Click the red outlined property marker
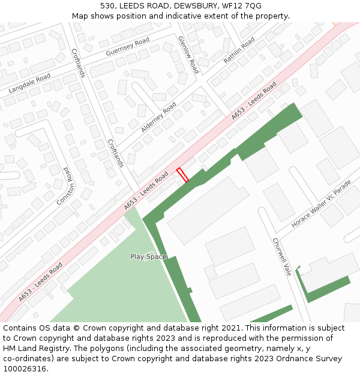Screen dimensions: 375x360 (x=182, y=175)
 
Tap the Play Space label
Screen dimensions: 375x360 (x=148, y=257)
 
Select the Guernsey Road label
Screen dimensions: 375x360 (x=127, y=47)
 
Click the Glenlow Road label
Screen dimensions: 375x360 (x=188, y=55)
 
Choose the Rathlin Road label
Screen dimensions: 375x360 (x=239, y=50)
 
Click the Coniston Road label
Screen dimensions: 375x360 (x=66, y=186)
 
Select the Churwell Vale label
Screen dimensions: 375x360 (x=281, y=257)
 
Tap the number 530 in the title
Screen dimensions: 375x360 (x=107, y=5)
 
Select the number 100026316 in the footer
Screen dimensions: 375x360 (x=25, y=369)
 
